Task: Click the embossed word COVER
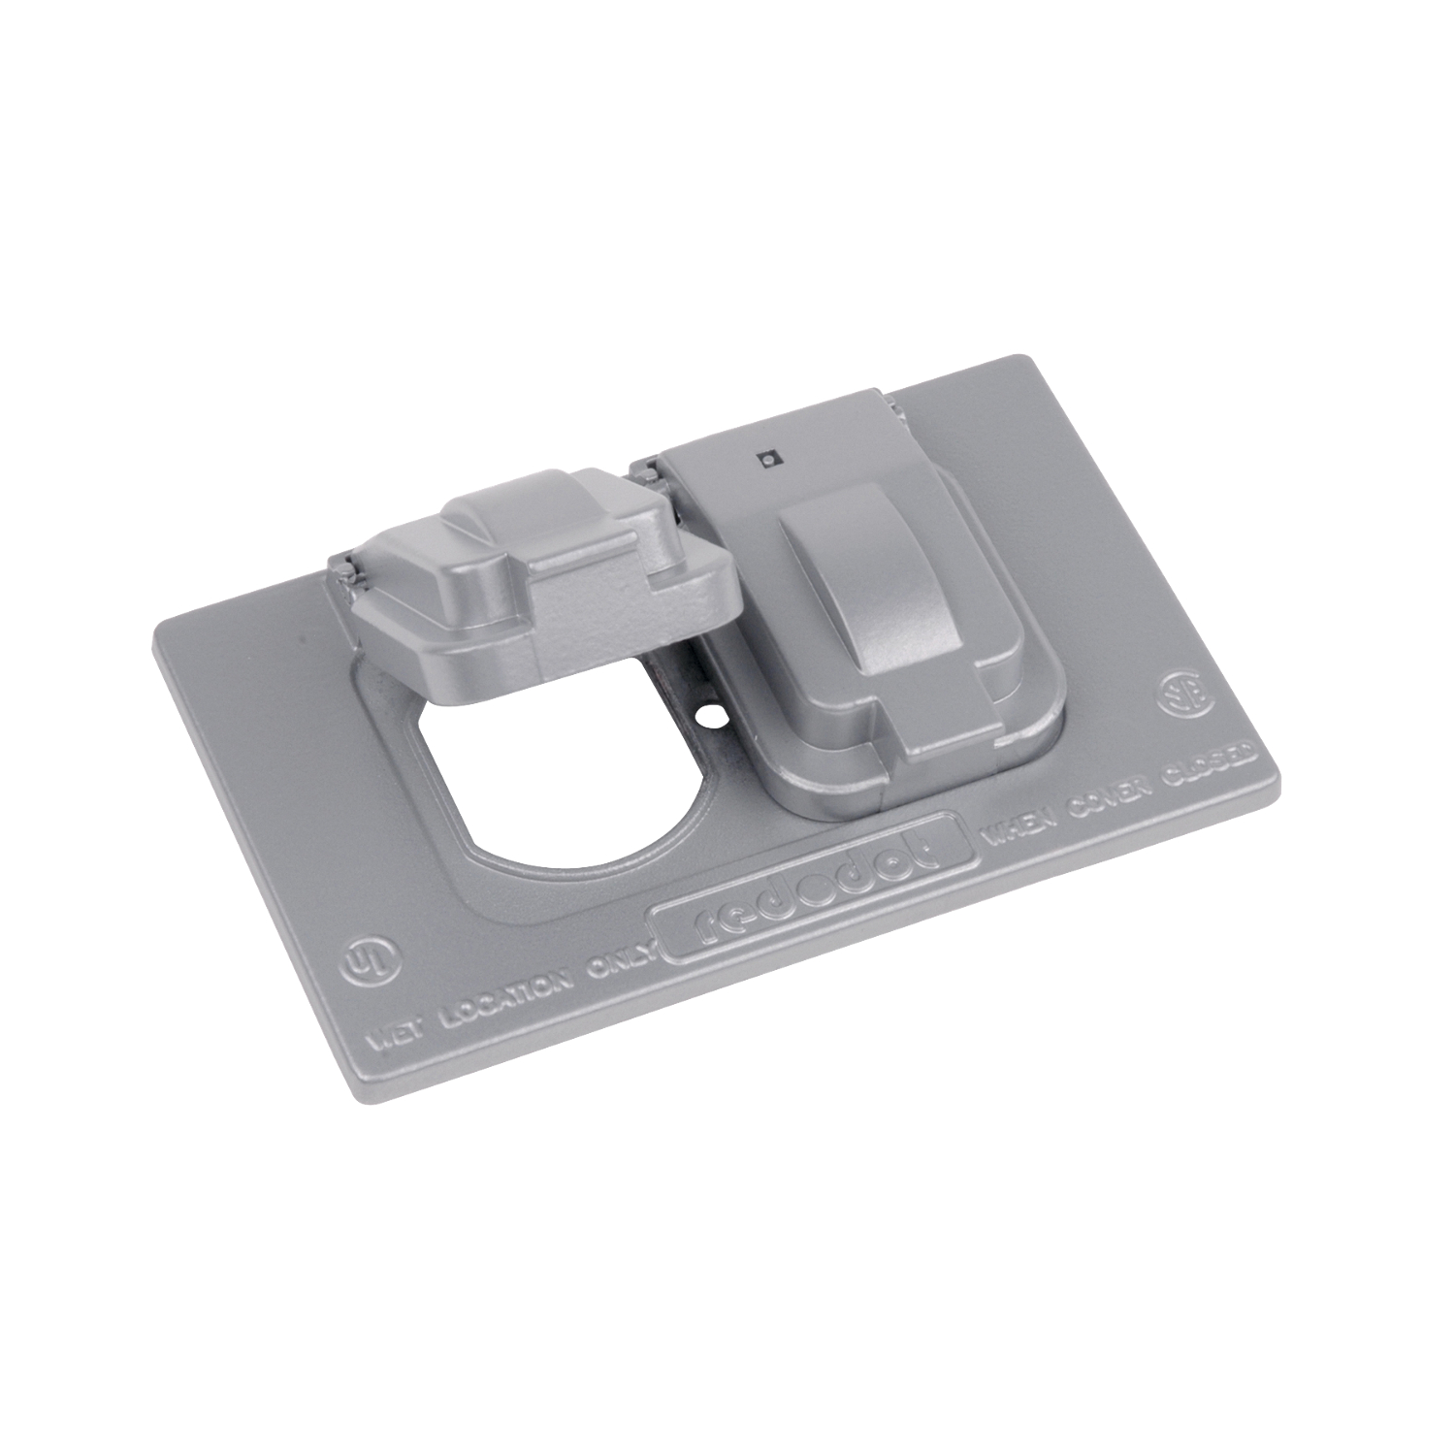1123,791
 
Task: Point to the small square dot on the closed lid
767,460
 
